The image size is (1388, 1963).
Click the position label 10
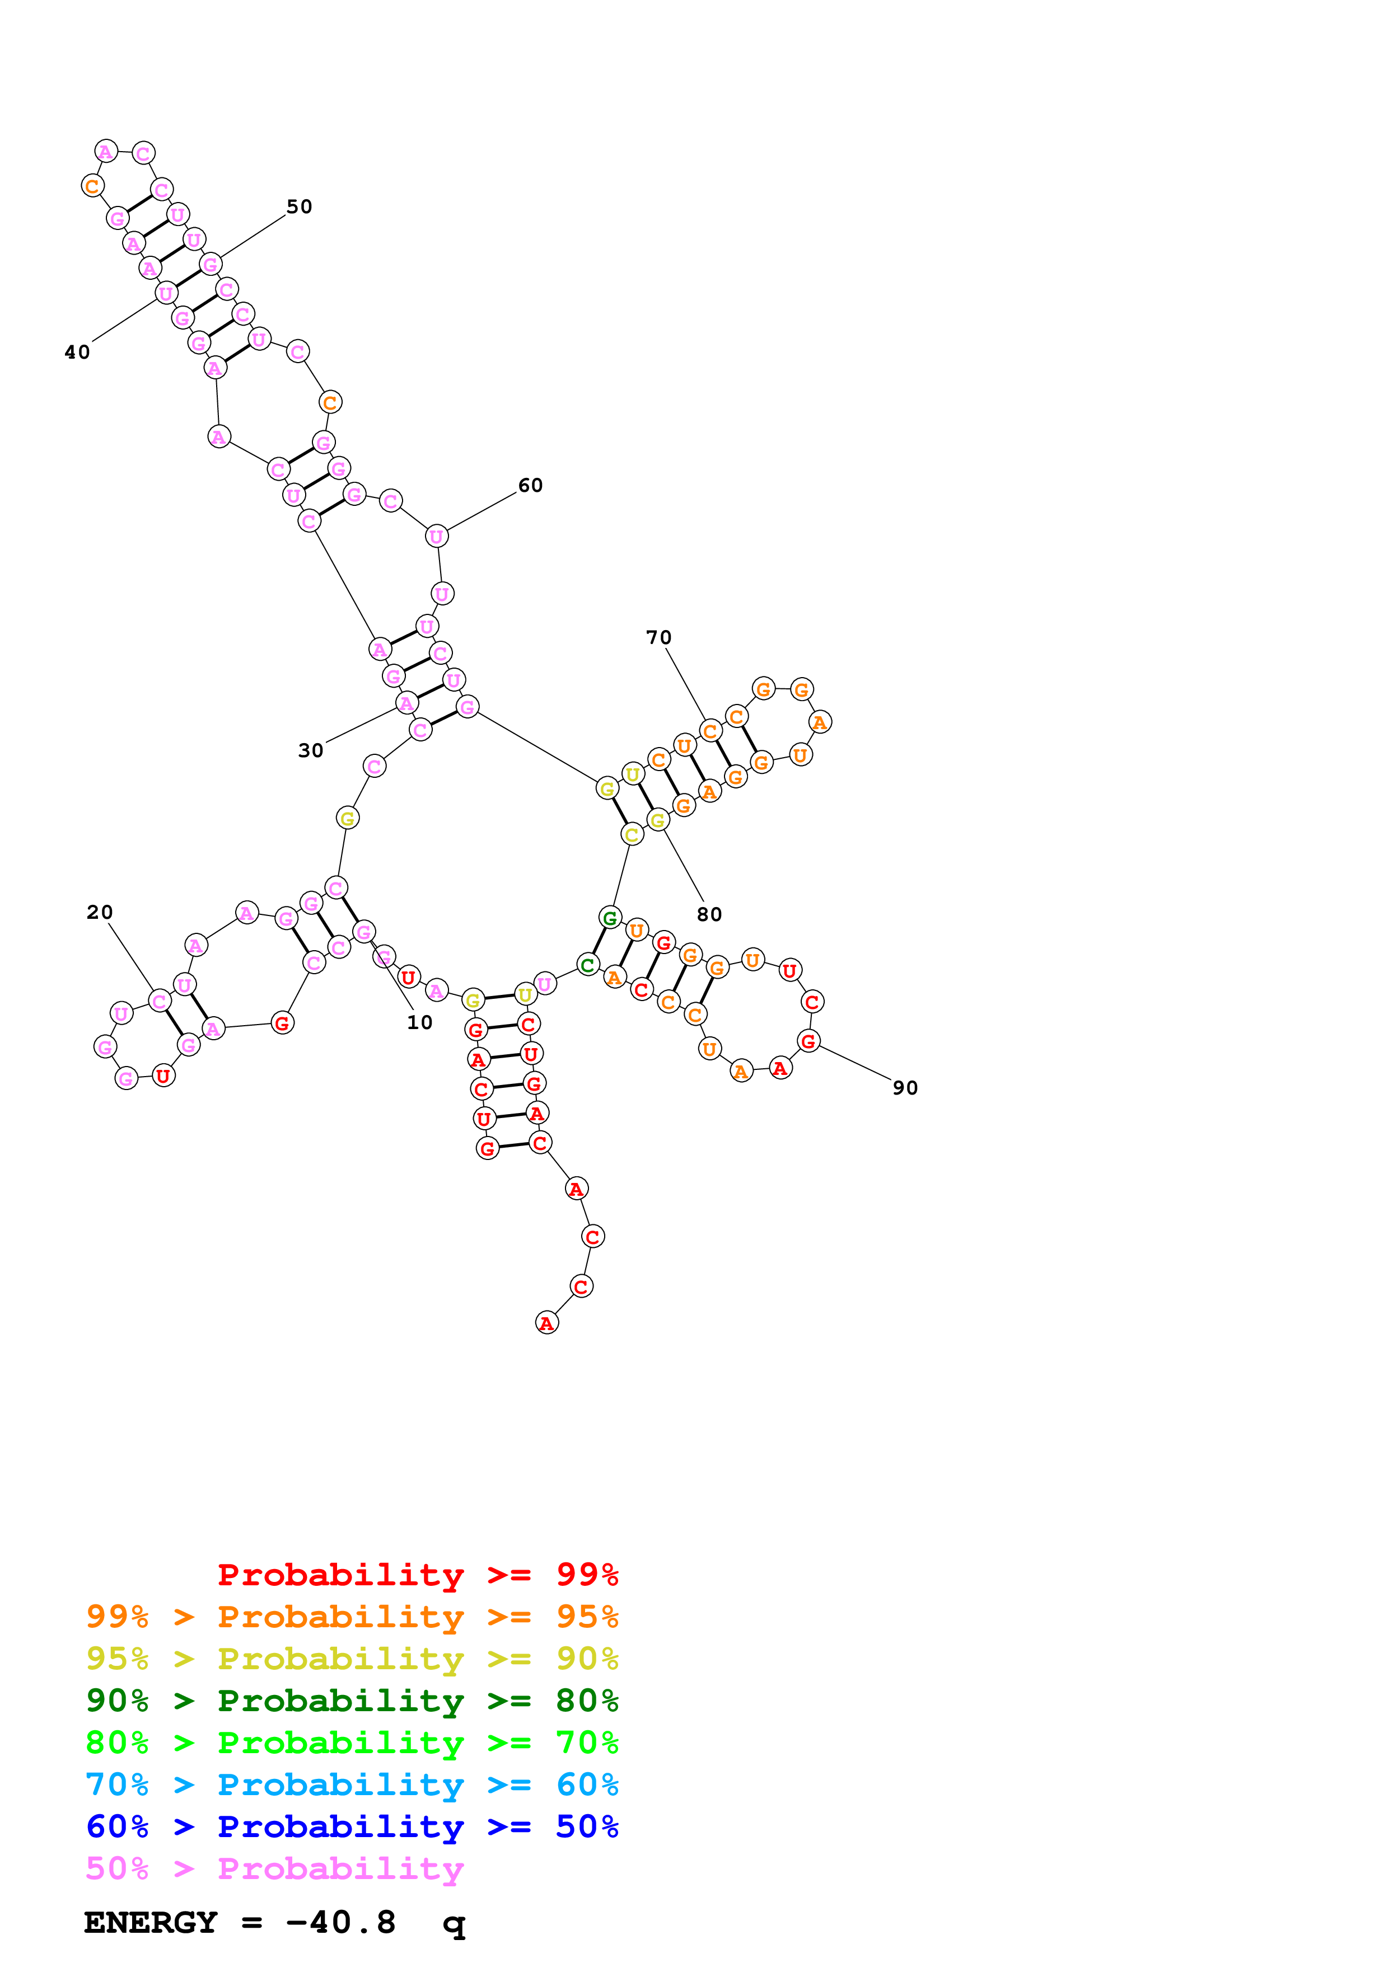coord(419,1022)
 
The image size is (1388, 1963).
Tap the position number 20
coord(99,912)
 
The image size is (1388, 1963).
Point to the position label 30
coord(310,750)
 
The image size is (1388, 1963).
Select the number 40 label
coord(77,352)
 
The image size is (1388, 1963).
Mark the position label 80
coord(709,915)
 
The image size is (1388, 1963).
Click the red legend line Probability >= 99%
coord(417,1575)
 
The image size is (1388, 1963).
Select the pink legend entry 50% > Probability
coord(274,1869)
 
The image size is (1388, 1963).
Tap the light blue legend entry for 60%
coord(352,1785)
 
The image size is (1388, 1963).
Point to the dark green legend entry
coord(352,1701)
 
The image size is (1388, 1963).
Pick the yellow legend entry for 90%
coord(352,1660)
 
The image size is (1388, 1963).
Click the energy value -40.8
coord(340,1923)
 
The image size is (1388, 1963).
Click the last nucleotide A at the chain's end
coord(546,1323)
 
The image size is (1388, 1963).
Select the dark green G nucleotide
coord(610,918)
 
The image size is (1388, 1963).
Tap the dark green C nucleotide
coord(587,965)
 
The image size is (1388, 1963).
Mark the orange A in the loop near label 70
coord(819,722)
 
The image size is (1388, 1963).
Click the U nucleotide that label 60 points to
coord(436,536)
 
